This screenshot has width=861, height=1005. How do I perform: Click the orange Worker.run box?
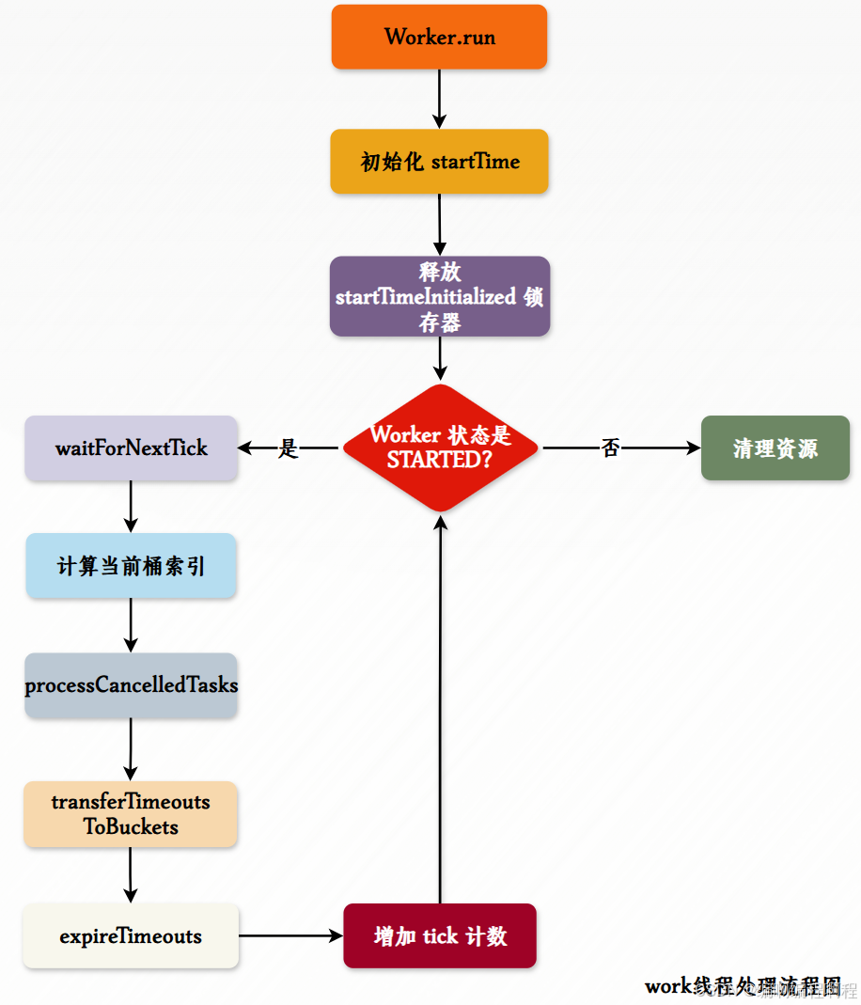(439, 37)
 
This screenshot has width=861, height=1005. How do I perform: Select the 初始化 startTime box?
(439, 162)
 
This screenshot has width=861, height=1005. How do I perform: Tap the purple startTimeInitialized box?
(439, 296)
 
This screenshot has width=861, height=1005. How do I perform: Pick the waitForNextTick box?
(131, 448)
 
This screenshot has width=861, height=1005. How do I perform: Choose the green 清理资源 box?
(775, 448)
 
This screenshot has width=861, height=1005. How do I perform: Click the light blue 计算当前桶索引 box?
(131, 566)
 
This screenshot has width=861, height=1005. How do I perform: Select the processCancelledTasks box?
(131, 685)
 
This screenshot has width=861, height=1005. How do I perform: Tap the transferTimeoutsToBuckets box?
(131, 814)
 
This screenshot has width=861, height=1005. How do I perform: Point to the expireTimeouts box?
(131, 936)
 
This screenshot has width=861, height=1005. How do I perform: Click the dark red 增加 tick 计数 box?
(440, 936)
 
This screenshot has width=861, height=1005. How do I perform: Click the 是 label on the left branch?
(288, 448)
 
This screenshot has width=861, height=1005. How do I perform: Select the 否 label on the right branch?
(611, 448)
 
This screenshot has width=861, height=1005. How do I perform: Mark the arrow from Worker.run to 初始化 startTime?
(439, 99)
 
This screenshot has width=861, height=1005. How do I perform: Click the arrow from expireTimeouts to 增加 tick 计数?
(290, 936)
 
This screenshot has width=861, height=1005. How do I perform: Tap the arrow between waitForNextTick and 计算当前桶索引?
(131, 508)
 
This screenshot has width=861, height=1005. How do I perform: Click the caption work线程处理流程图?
(743, 985)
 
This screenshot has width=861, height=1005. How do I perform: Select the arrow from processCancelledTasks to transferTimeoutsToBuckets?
(131, 749)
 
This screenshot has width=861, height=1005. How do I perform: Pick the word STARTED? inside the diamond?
(441, 461)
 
